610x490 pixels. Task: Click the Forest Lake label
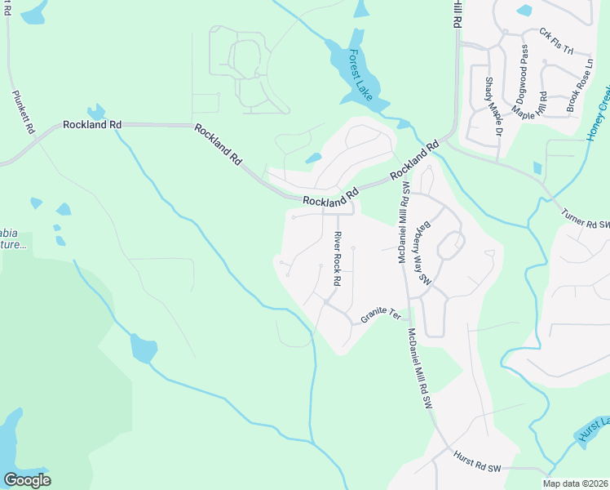point(360,75)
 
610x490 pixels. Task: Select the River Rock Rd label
point(336,258)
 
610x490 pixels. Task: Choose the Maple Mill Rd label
point(530,107)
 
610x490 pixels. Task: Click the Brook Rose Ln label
point(580,85)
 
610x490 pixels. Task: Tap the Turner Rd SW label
point(586,218)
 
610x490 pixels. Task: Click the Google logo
point(27,479)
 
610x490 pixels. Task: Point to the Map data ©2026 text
point(576,483)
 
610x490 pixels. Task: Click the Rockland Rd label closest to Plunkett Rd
point(92,125)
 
